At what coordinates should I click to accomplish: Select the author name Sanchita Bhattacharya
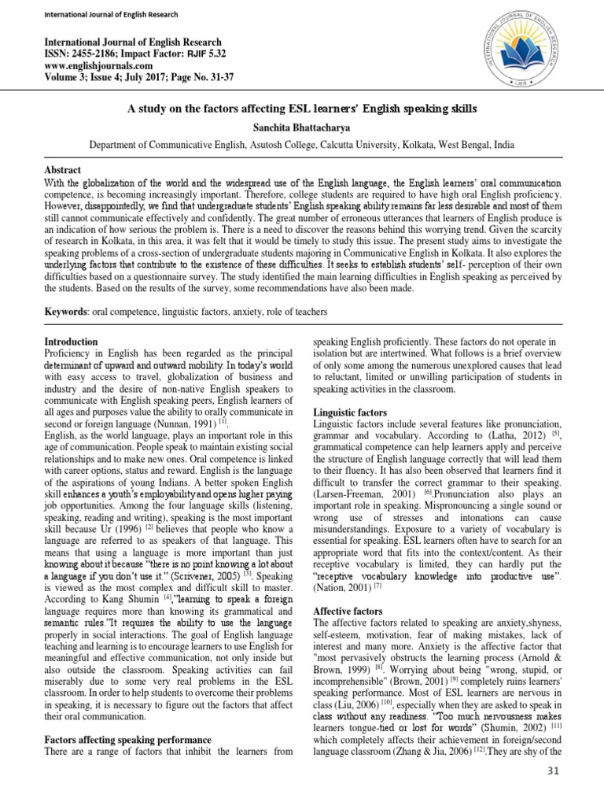(303, 126)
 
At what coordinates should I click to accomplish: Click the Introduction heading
(71, 342)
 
